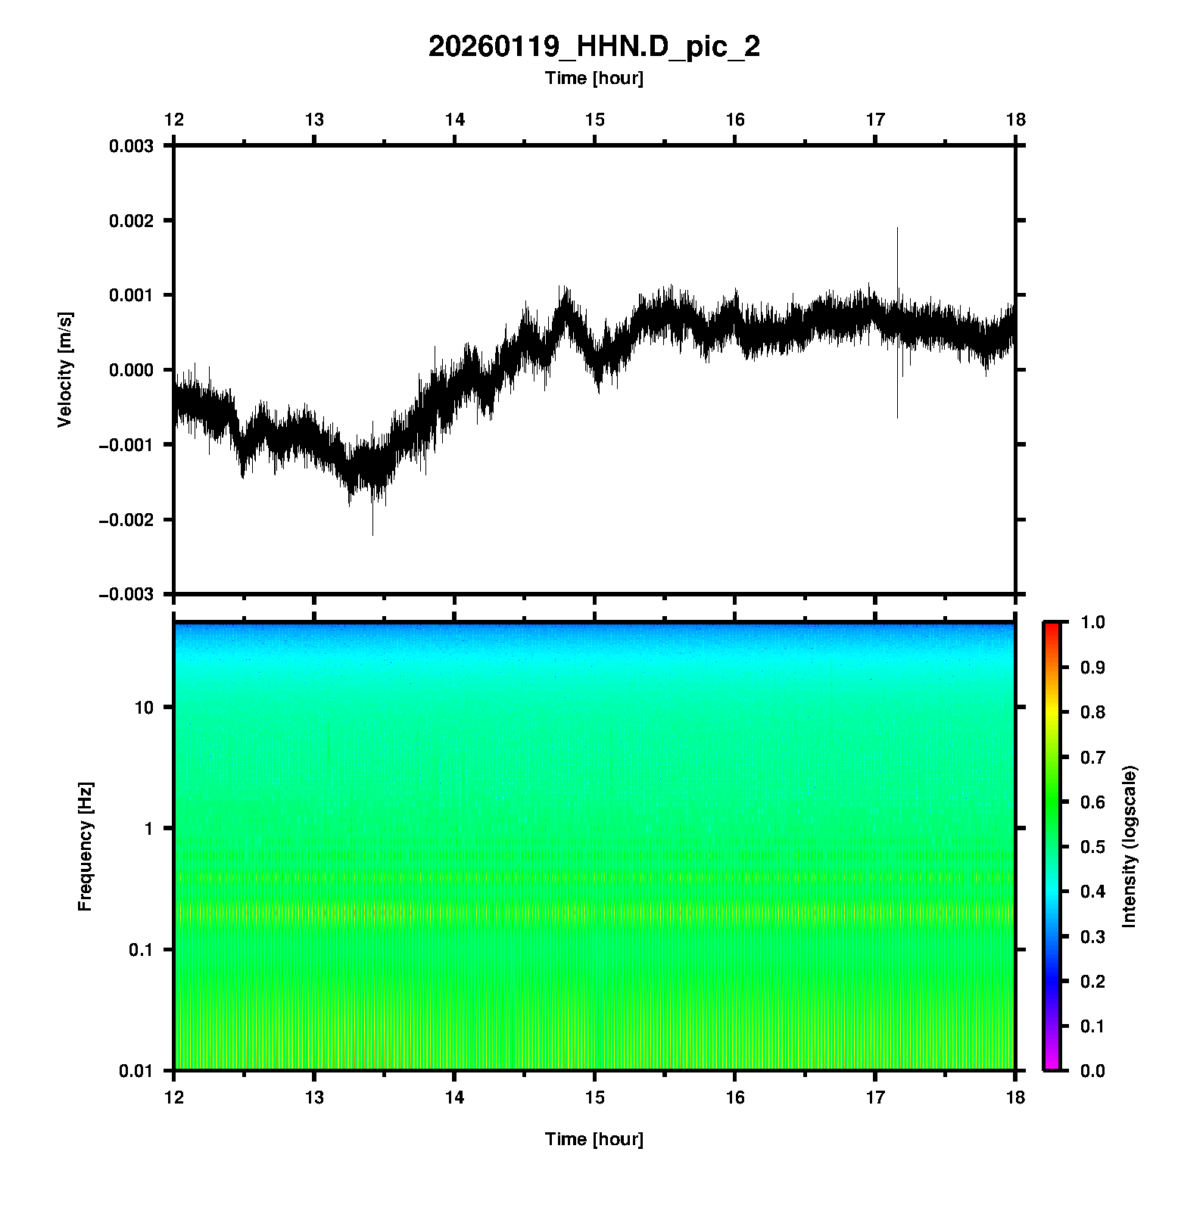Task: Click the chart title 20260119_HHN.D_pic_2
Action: tap(594, 47)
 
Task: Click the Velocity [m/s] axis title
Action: tap(65, 369)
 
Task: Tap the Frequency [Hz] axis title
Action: tap(85, 846)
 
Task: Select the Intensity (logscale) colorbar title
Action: tap(1130, 846)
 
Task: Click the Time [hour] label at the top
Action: tap(594, 78)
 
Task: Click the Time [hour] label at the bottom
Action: tap(594, 1139)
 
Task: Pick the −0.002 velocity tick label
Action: tap(126, 519)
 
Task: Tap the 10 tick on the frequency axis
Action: tap(144, 708)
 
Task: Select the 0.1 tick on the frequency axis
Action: tap(140, 950)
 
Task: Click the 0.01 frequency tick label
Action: tap(136, 1070)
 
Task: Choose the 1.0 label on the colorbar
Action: tap(1089, 622)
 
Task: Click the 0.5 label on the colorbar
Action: tap(1089, 846)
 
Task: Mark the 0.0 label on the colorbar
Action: tap(1089, 1070)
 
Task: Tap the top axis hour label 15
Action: tap(594, 120)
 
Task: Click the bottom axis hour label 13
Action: tap(314, 1097)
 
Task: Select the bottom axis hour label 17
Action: tap(875, 1097)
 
